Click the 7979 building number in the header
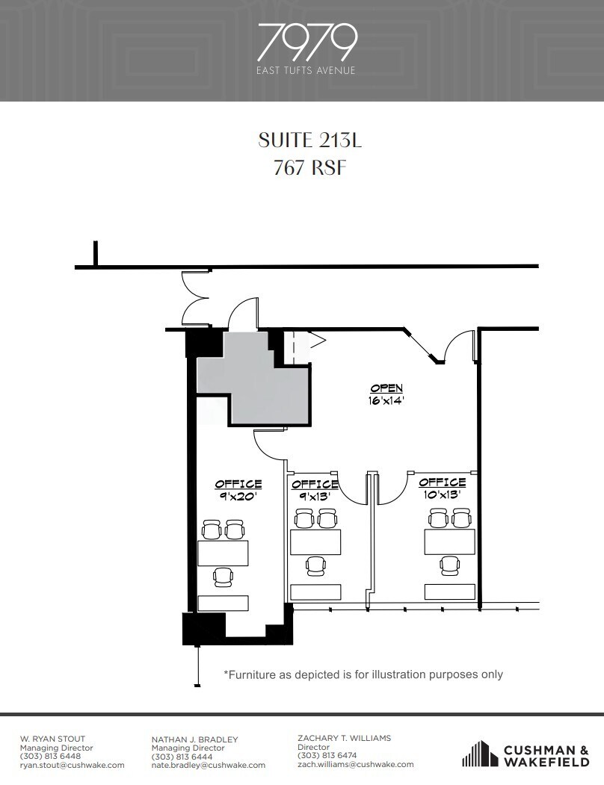[x=306, y=43]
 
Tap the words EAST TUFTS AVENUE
[x=306, y=71]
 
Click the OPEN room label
[x=386, y=388]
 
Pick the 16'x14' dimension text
[x=386, y=400]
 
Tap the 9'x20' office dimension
[x=238, y=495]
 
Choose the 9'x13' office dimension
[x=315, y=495]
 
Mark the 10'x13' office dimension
[x=443, y=494]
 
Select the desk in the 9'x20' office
[x=223, y=553]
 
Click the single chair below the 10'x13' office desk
[x=450, y=565]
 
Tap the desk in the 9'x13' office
[x=315, y=542]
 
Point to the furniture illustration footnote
[x=363, y=674]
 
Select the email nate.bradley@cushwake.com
[x=208, y=765]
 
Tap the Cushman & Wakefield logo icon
[x=480, y=754]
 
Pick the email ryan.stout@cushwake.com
[x=73, y=765]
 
